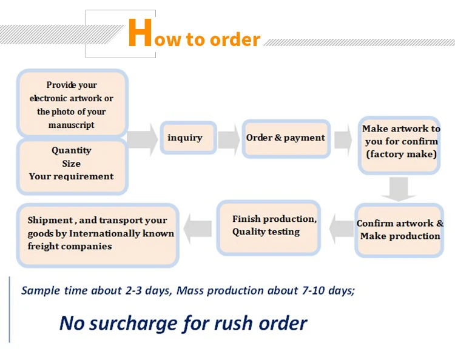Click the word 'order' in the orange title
tap(235, 40)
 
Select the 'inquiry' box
tap(185, 138)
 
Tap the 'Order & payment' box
tap(285, 138)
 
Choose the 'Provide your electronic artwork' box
tap(72, 104)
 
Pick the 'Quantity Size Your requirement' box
tap(72, 164)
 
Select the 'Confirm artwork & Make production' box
tap(399, 230)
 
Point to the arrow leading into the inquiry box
tap(142, 138)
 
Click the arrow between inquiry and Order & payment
tap(229, 139)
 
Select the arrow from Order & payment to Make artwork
tap(342, 138)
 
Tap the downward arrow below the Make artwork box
tap(398, 188)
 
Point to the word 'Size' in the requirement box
tap(72, 164)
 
